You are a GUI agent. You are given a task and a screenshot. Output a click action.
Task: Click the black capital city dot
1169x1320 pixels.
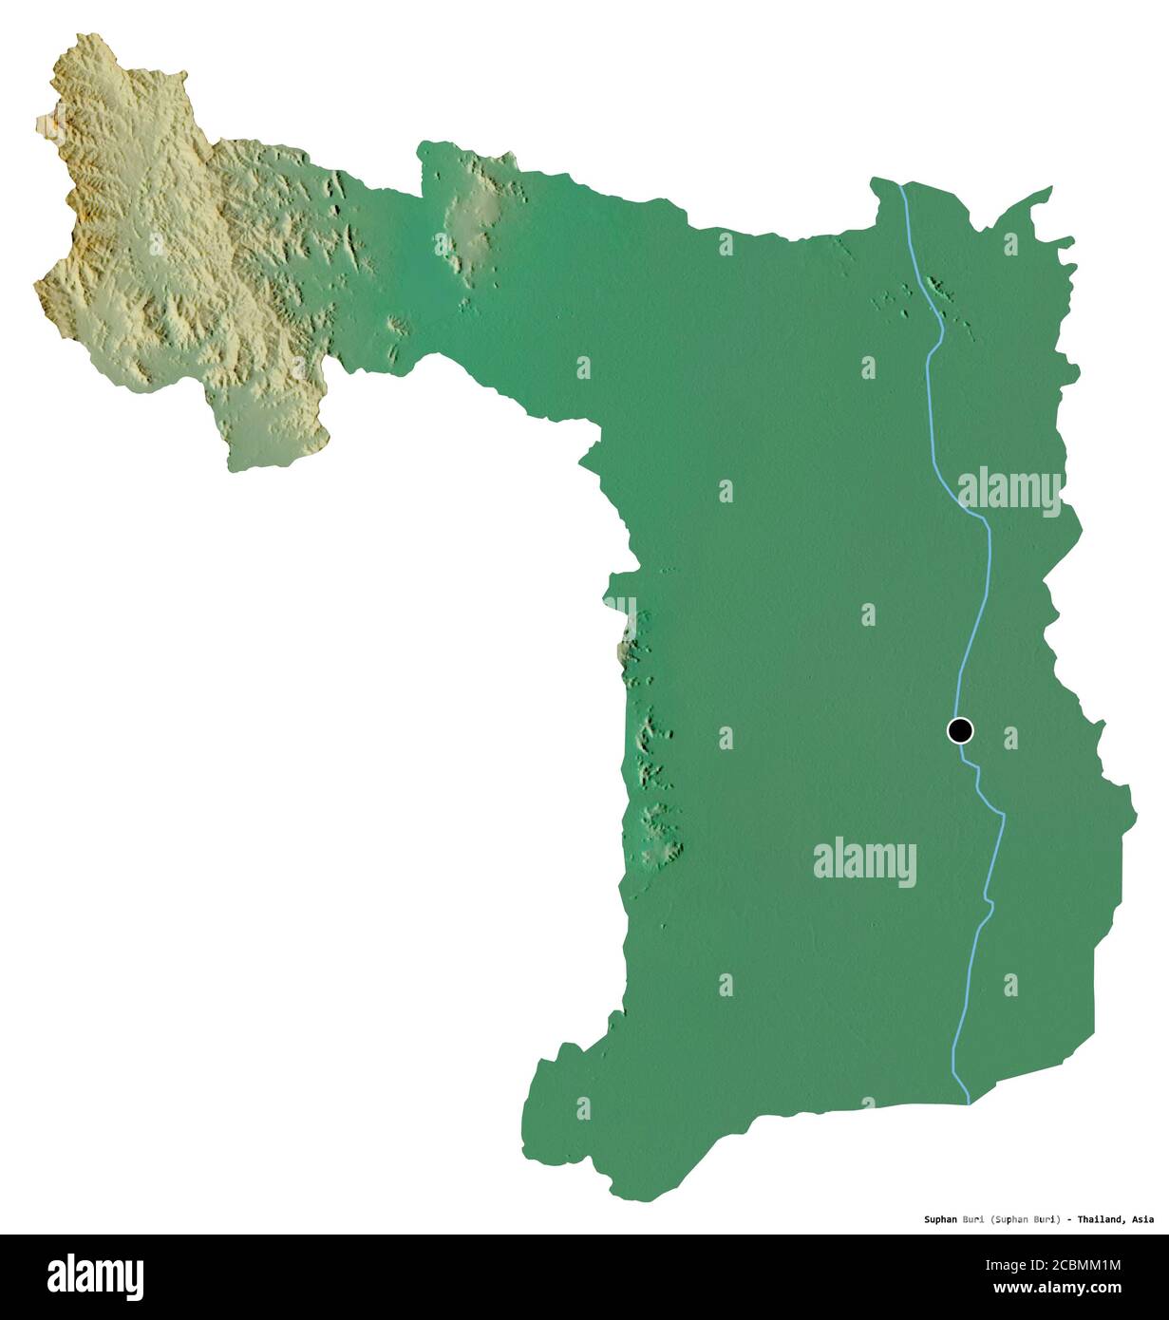(x=960, y=730)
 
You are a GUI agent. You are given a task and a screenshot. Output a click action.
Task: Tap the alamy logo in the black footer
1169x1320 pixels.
(x=95, y=1276)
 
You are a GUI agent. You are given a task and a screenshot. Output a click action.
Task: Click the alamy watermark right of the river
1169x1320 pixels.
(x=1009, y=491)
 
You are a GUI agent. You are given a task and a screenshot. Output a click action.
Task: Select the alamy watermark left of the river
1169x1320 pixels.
(x=864, y=862)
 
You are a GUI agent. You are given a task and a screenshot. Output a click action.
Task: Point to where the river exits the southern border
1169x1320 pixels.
(x=968, y=1102)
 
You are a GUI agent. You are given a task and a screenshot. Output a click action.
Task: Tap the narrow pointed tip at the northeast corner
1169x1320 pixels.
(x=1048, y=190)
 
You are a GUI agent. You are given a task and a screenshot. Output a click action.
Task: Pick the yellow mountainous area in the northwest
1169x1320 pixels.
(x=142, y=237)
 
